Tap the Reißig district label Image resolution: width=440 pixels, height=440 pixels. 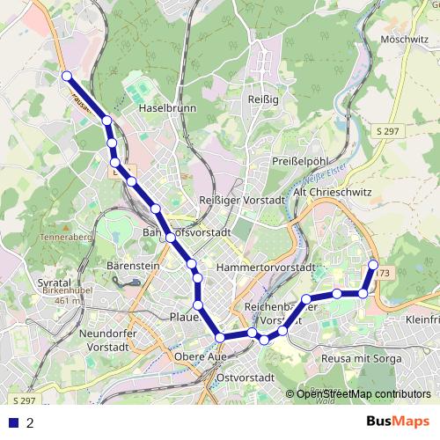tap(264, 99)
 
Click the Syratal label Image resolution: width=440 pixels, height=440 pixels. tap(55, 283)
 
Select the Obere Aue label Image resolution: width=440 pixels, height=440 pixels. tap(201, 356)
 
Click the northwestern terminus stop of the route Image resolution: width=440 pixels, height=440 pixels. tap(67, 77)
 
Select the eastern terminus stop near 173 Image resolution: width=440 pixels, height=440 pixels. tap(373, 264)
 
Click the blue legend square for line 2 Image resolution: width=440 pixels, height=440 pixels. tap(13, 422)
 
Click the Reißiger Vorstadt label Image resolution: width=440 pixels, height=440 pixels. tap(243, 201)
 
